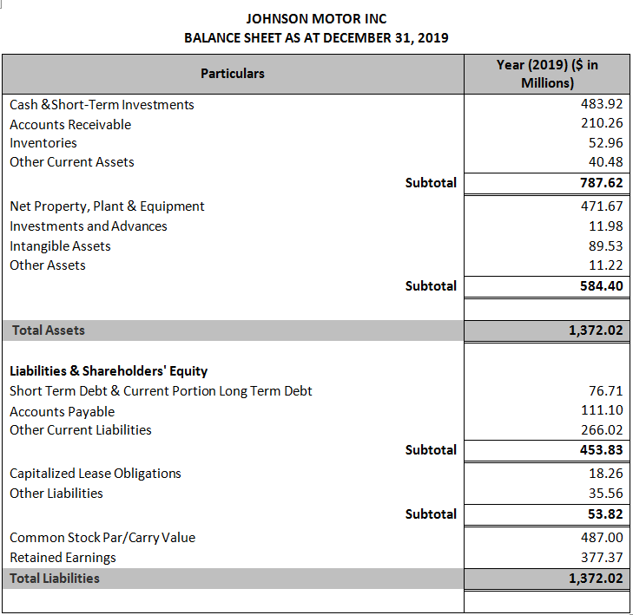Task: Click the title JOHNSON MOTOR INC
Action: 316,18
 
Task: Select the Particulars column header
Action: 233,74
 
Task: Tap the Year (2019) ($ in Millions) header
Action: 547,74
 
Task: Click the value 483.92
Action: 602,104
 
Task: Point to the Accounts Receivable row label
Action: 70,124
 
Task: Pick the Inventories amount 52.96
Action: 605,142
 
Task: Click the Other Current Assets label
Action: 72,161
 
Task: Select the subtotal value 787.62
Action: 601,182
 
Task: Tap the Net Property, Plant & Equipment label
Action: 107,206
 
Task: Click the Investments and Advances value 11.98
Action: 605,226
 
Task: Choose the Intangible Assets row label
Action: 60,245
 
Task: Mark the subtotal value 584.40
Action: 601,285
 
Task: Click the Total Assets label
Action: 48,330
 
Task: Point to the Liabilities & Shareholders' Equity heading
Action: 109,370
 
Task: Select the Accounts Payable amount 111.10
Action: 602,410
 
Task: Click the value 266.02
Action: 602,429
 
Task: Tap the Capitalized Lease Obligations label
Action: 96,473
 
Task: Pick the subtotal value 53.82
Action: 604,514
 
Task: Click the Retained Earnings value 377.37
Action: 602,557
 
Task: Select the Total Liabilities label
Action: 55,578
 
